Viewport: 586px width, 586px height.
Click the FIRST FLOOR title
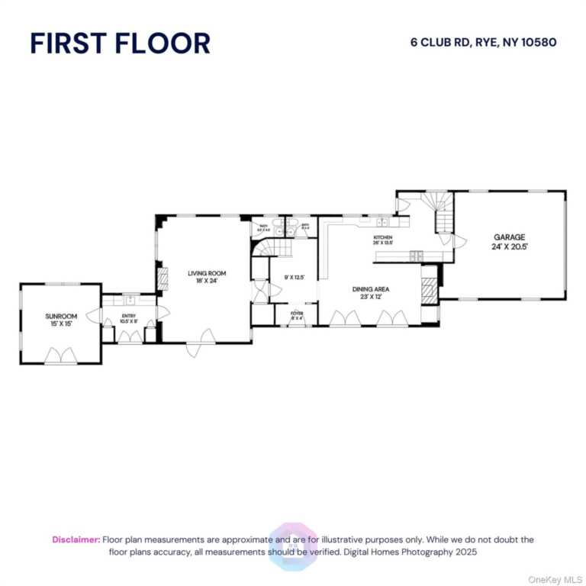(120, 43)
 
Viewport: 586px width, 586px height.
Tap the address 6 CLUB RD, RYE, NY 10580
(484, 43)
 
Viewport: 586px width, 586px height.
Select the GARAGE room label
(509, 237)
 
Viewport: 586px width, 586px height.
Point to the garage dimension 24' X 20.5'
(509, 246)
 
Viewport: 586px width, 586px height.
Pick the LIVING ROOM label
(208, 273)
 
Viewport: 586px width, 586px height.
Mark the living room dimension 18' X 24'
(208, 281)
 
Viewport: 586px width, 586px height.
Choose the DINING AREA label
(371, 289)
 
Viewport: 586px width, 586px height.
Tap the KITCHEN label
(382, 238)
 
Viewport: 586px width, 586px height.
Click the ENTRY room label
(129, 315)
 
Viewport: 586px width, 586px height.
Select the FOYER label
(296, 313)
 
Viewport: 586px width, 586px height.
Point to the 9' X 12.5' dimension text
(295, 278)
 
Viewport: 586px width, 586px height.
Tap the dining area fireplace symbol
(430, 290)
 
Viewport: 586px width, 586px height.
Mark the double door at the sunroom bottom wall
(60, 355)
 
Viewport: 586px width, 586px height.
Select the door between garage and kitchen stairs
(459, 241)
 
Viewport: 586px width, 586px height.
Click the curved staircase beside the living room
(262, 249)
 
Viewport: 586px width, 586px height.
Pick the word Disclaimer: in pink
(76, 539)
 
